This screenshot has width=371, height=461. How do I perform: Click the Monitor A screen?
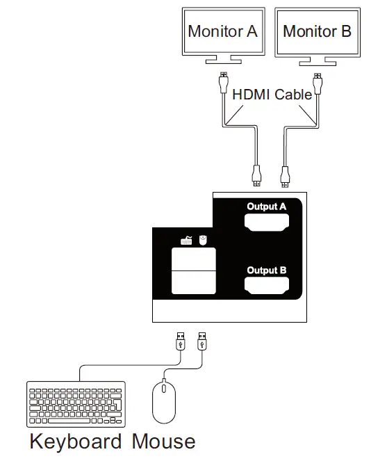(222, 31)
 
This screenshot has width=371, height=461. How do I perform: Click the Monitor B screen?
(317, 31)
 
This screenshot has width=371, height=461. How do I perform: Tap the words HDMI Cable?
(272, 95)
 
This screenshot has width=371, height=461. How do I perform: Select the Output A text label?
(266, 207)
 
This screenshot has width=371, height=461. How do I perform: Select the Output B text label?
(266, 270)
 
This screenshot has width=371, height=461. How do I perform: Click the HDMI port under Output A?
(267, 223)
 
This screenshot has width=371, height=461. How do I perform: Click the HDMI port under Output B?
(267, 286)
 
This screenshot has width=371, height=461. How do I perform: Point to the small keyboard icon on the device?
(186, 241)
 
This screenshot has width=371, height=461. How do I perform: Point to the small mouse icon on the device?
(203, 240)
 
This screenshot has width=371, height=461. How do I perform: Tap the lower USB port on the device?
(194, 282)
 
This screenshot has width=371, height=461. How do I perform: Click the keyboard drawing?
(76, 403)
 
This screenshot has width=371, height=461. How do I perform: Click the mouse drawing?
(164, 403)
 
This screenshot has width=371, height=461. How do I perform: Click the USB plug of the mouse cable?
(202, 340)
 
